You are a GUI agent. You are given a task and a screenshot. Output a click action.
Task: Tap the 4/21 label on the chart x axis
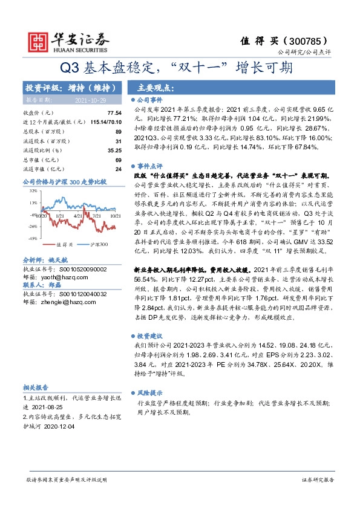click(x=77, y=215)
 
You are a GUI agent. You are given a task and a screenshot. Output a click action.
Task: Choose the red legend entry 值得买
click(x=64, y=244)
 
